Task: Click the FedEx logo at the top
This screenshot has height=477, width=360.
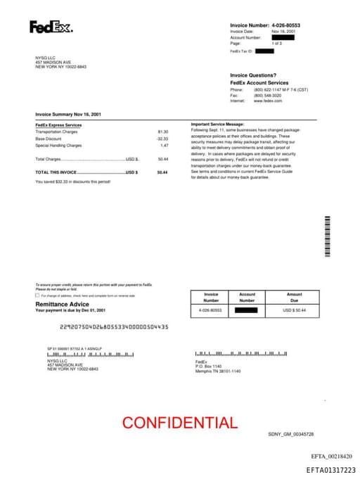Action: point(51,27)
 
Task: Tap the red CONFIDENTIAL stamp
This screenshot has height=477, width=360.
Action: point(180,423)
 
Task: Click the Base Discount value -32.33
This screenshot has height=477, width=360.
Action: point(162,139)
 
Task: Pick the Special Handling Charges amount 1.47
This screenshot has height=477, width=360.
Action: point(164,145)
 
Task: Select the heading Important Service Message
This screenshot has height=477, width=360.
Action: point(217,124)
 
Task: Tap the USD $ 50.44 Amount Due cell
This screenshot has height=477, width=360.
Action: point(294,310)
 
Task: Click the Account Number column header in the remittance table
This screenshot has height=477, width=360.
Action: point(247,297)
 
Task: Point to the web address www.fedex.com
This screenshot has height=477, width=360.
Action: point(268,101)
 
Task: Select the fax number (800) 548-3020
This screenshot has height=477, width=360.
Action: point(269,95)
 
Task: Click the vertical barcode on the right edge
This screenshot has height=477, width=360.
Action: point(327,236)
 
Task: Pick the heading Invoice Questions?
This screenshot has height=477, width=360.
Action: point(252,75)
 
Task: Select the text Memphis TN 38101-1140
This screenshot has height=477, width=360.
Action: point(218,371)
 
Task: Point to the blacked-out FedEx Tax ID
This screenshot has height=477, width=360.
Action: point(264,51)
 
